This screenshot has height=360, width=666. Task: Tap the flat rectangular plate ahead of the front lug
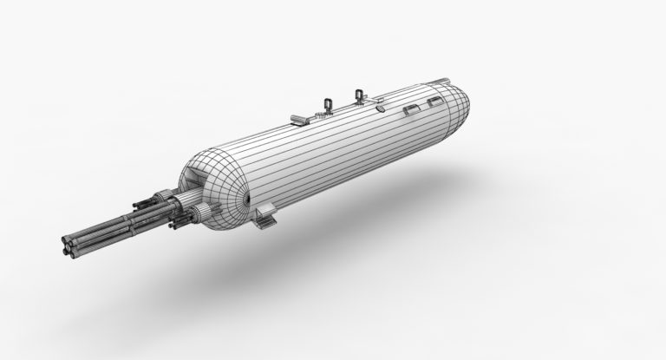coord(297,117)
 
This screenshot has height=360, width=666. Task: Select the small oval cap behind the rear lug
coord(381,110)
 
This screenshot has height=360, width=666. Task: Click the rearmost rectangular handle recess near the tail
coord(430,104)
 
